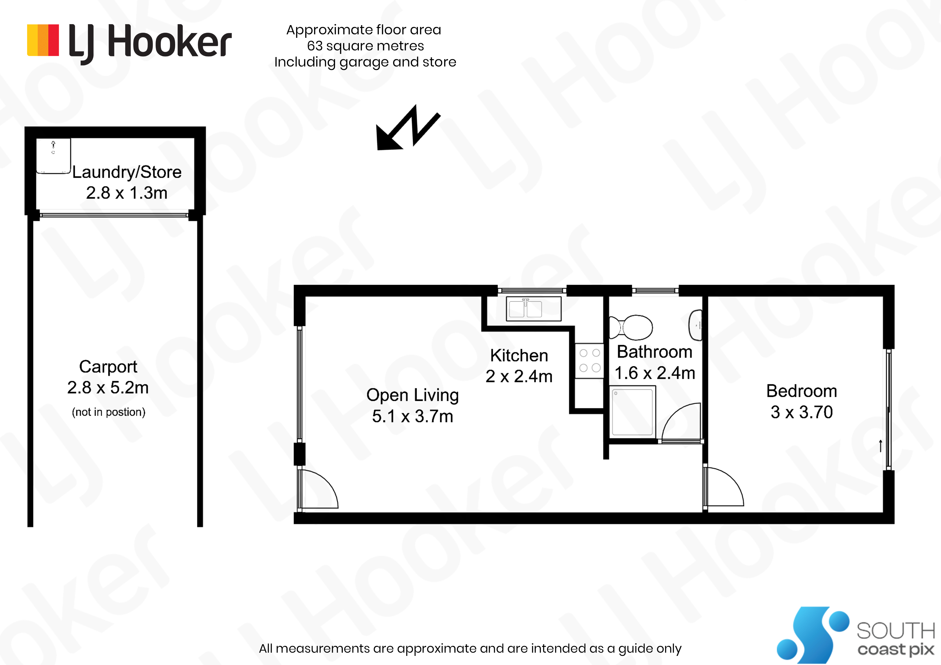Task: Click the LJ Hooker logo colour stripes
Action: coord(43,40)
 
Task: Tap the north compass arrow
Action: coord(408,127)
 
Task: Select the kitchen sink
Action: coord(534,309)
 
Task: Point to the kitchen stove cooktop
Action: coord(589,361)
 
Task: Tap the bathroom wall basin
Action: coord(696,325)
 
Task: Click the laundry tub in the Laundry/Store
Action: coord(53,156)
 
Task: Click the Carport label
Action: coord(108,367)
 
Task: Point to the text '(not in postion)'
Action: coord(109,412)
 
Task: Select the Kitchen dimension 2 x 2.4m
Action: coord(519,376)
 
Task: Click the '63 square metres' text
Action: coord(366,46)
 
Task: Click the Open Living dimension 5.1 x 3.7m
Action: coord(412,416)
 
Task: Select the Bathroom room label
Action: coord(655,352)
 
